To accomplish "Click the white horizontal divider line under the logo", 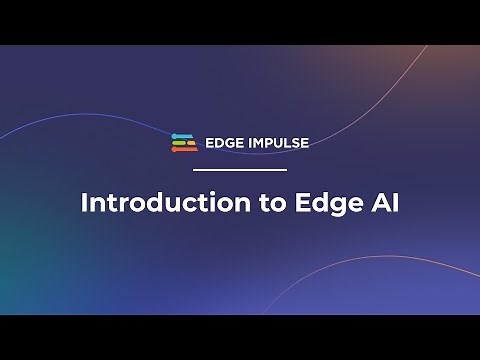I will (239, 170).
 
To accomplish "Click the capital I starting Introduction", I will (84, 202).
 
